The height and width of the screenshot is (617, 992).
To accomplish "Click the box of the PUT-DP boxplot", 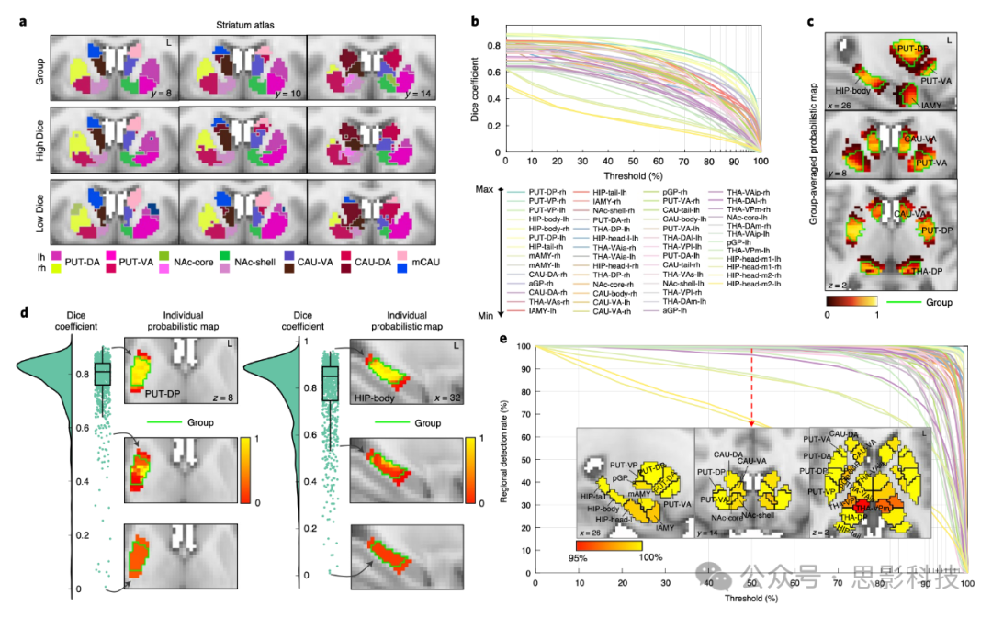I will [x=102, y=373].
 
